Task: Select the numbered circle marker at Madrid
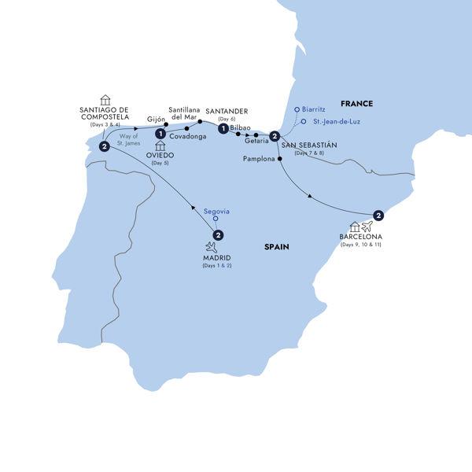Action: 218,234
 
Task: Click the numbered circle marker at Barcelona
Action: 378,216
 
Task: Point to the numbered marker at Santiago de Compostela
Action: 103,146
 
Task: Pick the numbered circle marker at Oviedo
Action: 160,134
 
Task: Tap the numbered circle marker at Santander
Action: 224,129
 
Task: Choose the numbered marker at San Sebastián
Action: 274,138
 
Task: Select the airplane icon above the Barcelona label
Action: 367,228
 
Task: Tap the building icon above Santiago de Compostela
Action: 105,100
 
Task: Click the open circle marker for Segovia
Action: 216,219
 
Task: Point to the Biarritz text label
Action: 319,109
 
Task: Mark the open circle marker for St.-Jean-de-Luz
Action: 303,122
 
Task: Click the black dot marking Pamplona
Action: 280,159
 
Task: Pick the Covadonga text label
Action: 187,136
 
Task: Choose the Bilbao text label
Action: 242,127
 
